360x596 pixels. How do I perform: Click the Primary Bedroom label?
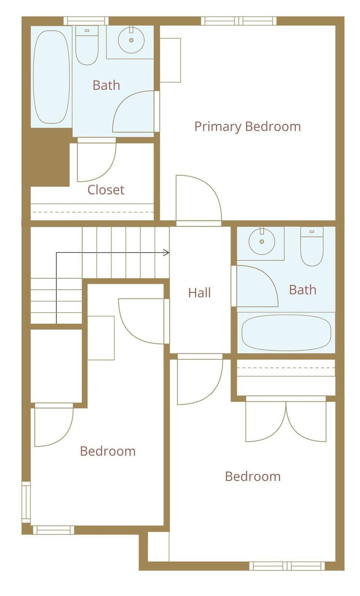247,127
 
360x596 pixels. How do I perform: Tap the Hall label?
199,293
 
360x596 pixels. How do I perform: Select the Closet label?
106,190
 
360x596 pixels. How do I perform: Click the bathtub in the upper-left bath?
51,77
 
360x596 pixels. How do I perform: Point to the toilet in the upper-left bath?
87,45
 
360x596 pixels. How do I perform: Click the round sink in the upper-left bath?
131,40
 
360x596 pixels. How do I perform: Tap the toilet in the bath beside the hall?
312,246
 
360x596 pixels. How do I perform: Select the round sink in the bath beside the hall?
262,241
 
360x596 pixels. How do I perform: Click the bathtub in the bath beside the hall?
286,333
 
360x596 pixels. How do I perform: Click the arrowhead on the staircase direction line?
166,253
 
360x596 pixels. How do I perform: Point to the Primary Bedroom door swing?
198,199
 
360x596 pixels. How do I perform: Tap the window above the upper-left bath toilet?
86,21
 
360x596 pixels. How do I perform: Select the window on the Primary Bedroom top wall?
238,21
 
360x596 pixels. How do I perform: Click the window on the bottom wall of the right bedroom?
287,566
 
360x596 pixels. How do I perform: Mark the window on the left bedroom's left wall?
26,502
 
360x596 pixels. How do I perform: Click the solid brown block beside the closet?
50,157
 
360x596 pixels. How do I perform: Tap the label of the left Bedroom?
108,451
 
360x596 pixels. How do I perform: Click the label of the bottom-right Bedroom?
253,476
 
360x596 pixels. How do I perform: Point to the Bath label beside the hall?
303,290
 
